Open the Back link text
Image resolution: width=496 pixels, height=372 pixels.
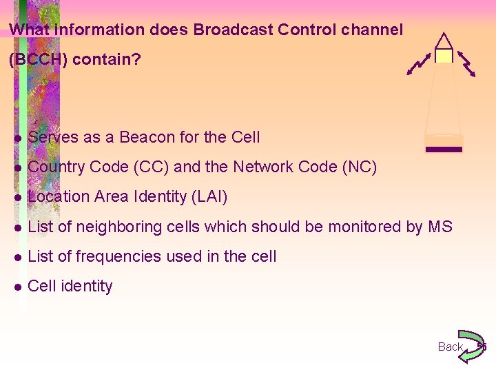click(451, 347)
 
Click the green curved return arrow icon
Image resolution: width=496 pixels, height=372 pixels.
click(472, 346)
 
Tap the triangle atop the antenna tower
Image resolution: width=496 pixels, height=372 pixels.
click(444, 41)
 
